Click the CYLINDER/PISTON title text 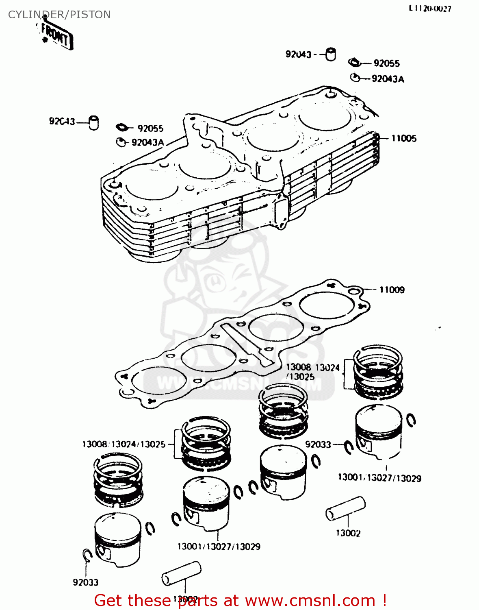click(x=59, y=15)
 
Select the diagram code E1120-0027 click(x=430, y=9)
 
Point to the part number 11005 click(x=403, y=138)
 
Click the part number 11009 click(x=392, y=290)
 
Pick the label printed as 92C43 click(x=62, y=121)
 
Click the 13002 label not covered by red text click(x=348, y=533)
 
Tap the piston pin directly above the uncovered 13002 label click(x=345, y=508)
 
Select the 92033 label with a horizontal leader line click(x=318, y=444)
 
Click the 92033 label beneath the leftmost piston click(x=85, y=582)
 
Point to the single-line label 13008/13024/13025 click(x=124, y=444)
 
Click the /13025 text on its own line click(x=301, y=377)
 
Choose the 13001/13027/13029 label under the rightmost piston click(x=379, y=478)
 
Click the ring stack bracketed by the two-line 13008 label click(x=378, y=373)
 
